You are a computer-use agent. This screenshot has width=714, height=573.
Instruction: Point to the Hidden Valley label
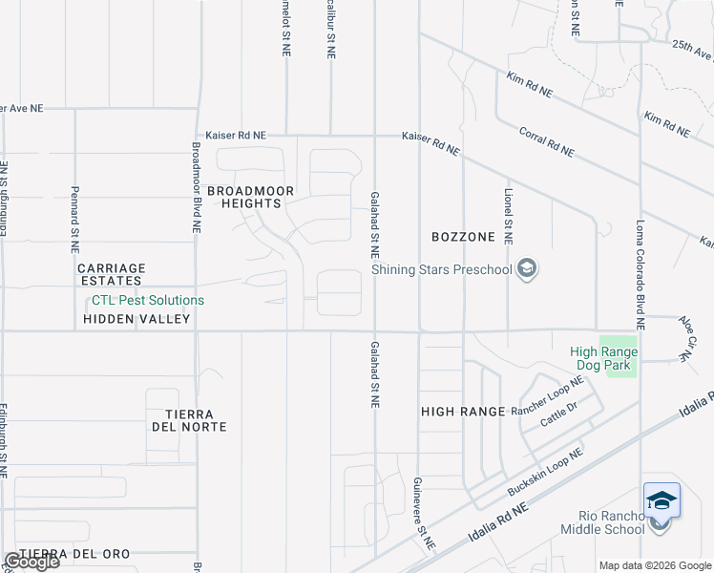[x=136, y=320]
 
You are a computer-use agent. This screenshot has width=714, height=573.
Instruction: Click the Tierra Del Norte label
[x=188, y=420]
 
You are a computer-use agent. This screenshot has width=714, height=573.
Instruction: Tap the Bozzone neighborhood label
[x=463, y=236]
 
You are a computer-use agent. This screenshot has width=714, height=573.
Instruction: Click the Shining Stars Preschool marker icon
[x=526, y=270]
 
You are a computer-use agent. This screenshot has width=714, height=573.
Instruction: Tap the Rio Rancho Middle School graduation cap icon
[x=661, y=501]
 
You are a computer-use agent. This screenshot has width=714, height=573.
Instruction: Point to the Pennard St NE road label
[x=74, y=220]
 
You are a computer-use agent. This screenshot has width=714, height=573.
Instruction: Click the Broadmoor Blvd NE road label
[x=196, y=188]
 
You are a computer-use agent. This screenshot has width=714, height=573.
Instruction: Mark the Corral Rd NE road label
[x=547, y=141]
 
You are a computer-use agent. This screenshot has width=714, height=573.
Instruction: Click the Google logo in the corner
[x=31, y=562]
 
